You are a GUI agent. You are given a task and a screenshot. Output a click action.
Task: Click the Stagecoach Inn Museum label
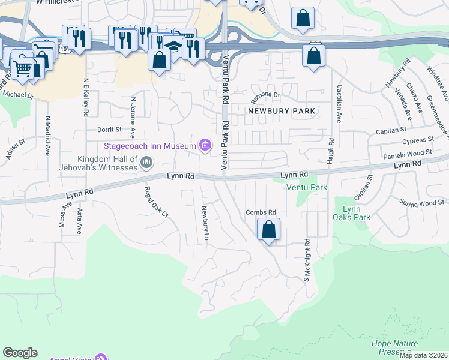[x=149, y=146]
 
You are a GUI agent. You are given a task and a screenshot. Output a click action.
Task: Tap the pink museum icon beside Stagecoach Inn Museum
[x=206, y=145]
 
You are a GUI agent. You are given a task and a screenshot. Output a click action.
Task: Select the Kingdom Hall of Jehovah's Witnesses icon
[x=146, y=162]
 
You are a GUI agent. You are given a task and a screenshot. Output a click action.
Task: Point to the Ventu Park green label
[x=307, y=187]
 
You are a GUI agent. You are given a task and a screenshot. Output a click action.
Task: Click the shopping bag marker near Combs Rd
[x=268, y=230]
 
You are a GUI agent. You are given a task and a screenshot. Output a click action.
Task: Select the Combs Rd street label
[x=261, y=212]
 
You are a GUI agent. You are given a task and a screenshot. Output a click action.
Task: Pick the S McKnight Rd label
[x=306, y=261]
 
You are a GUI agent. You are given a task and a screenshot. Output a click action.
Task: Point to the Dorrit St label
[x=109, y=129]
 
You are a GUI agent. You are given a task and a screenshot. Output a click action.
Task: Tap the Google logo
[x=20, y=353]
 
